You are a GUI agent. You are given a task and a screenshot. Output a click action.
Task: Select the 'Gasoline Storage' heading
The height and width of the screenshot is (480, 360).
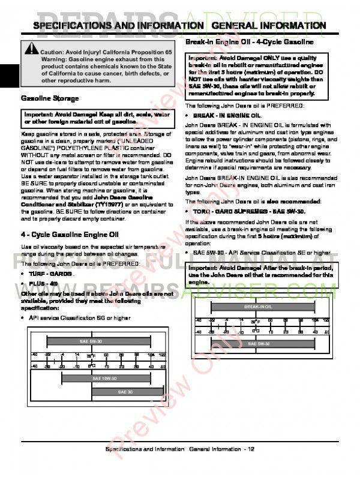pos(50,98)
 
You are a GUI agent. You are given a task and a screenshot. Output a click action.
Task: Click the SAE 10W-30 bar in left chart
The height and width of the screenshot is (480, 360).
pos(106,379)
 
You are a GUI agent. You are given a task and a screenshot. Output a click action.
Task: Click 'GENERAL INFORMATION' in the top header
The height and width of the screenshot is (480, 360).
pos(277,26)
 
